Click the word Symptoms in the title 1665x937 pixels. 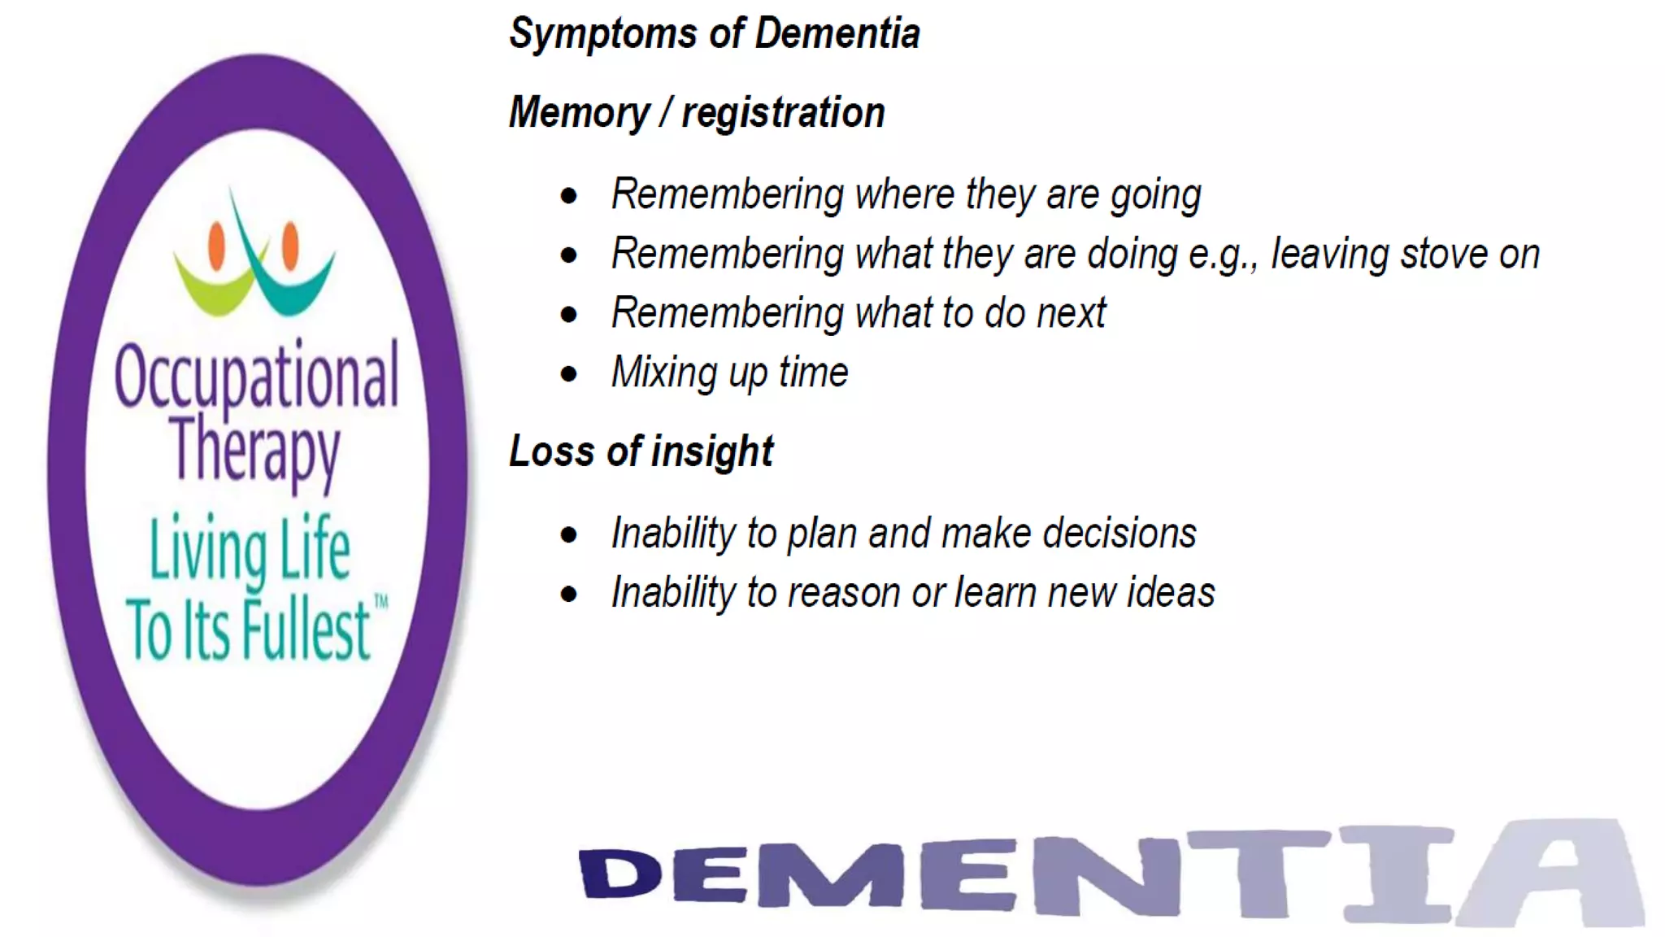pyautogui.click(x=602, y=35)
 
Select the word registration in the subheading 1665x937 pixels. pyautogui.click(x=783, y=112)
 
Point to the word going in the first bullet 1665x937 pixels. pyautogui.click(x=1155, y=196)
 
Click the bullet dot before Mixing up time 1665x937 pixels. pyautogui.click(x=569, y=374)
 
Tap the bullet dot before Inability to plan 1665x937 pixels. pyautogui.click(x=569, y=534)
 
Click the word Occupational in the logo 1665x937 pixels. pyautogui.click(x=257, y=376)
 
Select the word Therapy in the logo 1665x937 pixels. pyautogui.click(x=254, y=449)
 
